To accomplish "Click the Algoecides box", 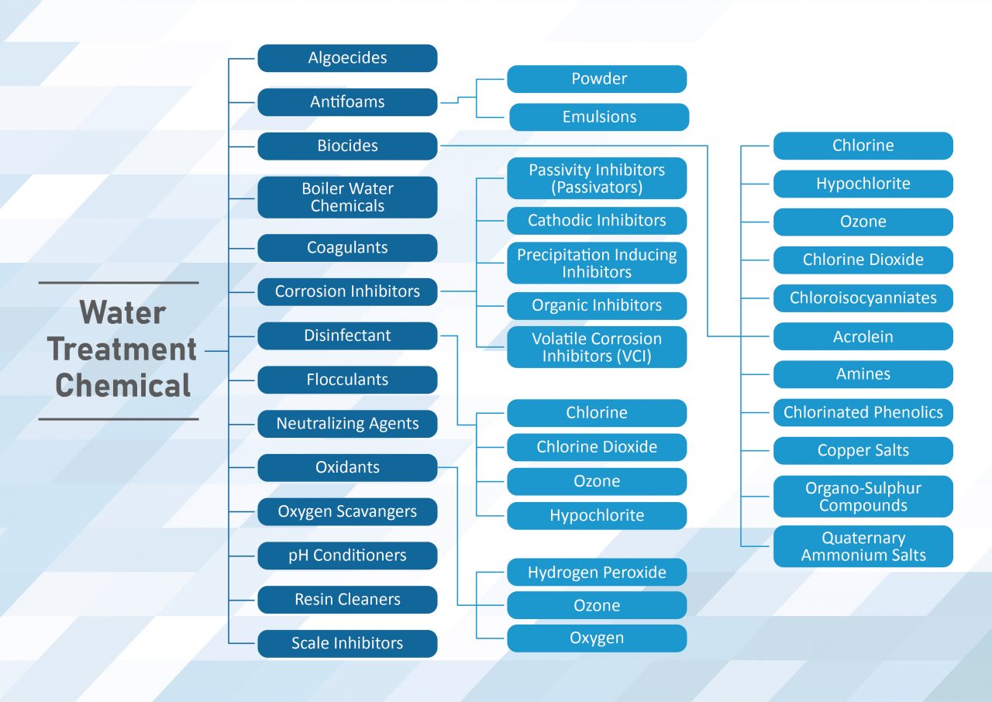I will tap(347, 58).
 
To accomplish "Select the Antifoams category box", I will tap(347, 102).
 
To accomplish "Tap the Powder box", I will tap(597, 79).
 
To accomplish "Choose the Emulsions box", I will tap(598, 117).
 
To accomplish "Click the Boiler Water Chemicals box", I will tap(347, 198).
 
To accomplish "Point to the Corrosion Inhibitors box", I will tap(347, 291).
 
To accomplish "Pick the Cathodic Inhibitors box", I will tap(597, 221).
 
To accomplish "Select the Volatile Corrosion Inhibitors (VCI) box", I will tap(597, 347).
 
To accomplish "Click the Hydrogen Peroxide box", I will tap(597, 573).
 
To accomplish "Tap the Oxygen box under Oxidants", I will tap(597, 638).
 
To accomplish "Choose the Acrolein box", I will tap(863, 336).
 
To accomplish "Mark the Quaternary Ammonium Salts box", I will tap(863, 546).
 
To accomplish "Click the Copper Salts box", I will tap(863, 451).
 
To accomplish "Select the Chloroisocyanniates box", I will tap(863, 298).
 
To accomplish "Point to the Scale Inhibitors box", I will tap(347, 644).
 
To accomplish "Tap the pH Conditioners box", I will tap(347, 556).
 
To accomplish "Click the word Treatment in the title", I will tap(122, 349).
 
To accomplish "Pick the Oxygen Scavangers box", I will tap(347, 512).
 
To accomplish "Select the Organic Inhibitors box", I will tap(597, 306).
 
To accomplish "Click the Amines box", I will tap(863, 374).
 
